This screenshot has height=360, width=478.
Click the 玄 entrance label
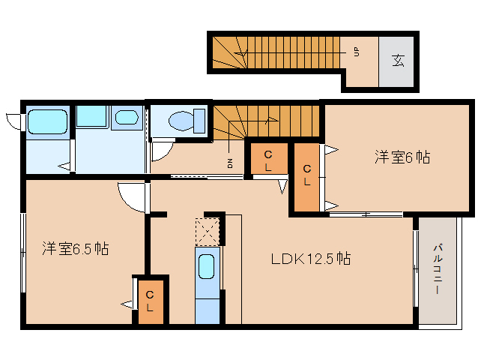(x=398, y=61)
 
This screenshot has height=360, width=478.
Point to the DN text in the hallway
(x=230, y=163)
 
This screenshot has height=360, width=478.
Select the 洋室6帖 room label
(x=402, y=157)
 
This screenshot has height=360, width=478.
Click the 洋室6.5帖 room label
(x=76, y=249)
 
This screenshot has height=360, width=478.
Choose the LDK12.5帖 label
(x=311, y=259)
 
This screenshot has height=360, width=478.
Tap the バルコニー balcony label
(x=438, y=268)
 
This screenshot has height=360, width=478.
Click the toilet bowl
(x=181, y=121)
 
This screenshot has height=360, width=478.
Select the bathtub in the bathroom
(x=47, y=121)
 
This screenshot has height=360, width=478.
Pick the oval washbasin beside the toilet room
(x=127, y=117)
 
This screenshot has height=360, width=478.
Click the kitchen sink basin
(x=206, y=267)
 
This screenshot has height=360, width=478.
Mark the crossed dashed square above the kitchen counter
(x=208, y=232)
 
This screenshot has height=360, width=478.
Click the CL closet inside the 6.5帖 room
(x=151, y=301)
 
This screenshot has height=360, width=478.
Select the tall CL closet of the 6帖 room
(x=306, y=177)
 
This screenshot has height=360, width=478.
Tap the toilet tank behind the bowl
(x=199, y=121)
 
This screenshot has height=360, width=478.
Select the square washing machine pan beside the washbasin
(x=91, y=116)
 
